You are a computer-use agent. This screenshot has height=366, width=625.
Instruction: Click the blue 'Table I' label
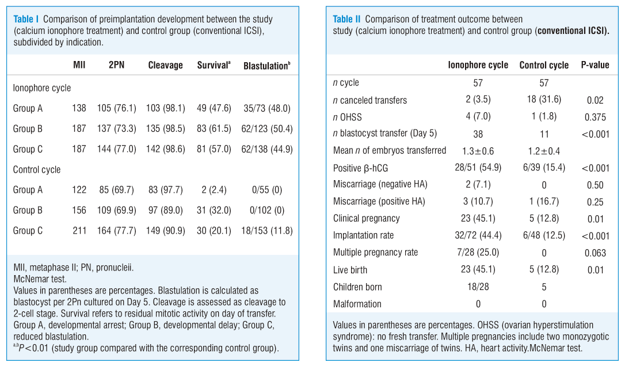pyautogui.click(x=26, y=19)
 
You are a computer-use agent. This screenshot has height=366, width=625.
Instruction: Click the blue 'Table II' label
pyautogui.click(x=346, y=19)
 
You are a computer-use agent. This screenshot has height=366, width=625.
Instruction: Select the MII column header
pyautogui.click(x=79, y=65)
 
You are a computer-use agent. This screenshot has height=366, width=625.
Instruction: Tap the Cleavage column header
pyautogui.click(x=165, y=65)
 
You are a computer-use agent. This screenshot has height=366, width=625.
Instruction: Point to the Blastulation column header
pyautogui.click(x=266, y=66)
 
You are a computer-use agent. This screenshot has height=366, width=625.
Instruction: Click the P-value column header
pyautogui.click(x=594, y=65)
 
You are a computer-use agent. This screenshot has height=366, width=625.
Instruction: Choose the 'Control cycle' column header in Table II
pyautogui.click(x=544, y=65)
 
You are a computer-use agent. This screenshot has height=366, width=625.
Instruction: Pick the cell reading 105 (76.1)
pyautogui.click(x=116, y=108)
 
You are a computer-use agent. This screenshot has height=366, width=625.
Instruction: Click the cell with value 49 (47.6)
pyautogui.click(x=214, y=108)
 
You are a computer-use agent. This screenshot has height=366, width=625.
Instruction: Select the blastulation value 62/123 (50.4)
pyautogui.click(x=266, y=129)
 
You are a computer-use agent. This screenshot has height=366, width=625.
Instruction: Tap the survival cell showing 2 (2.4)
pyautogui.click(x=214, y=190)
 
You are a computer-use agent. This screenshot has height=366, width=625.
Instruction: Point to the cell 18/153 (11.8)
pyautogui.click(x=266, y=230)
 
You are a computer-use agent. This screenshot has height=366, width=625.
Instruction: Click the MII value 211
pyautogui.click(x=79, y=230)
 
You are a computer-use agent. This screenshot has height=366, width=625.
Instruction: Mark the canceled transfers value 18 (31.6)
pyautogui.click(x=544, y=100)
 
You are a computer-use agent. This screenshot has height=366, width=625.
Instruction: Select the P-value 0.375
pyautogui.click(x=594, y=117)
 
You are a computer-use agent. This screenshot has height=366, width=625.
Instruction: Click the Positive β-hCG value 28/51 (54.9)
pyautogui.click(x=478, y=167)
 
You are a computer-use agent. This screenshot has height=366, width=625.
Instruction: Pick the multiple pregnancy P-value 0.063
pyautogui.click(x=594, y=253)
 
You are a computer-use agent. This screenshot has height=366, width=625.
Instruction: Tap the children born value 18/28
pyautogui.click(x=478, y=287)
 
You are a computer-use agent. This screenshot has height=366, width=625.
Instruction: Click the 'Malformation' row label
pyautogui.click(x=357, y=304)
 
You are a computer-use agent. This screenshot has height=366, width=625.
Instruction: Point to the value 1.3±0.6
pyautogui.click(x=478, y=151)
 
